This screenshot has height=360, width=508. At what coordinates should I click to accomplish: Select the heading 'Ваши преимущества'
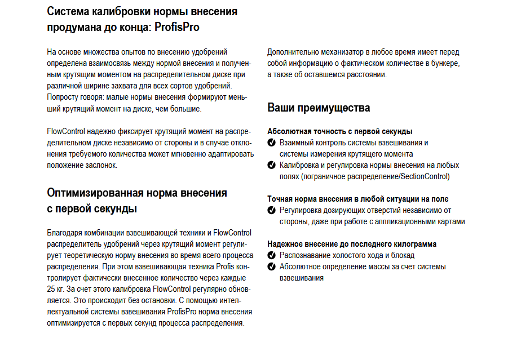point(319,108)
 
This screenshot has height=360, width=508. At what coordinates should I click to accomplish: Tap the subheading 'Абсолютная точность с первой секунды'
point(339,131)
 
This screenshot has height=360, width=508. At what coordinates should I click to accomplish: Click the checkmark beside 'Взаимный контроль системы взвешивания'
point(272,143)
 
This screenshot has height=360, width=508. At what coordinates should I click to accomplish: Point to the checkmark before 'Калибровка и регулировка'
point(272,166)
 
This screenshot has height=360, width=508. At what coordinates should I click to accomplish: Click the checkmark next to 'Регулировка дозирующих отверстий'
point(272,211)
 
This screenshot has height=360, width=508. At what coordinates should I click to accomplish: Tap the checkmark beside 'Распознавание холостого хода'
point(272,256)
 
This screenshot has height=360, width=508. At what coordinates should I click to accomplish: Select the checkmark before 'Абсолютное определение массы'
point(272,266)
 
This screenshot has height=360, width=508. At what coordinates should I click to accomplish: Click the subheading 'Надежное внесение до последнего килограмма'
point(351,244)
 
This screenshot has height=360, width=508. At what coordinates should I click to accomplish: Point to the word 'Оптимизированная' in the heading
point(95,193)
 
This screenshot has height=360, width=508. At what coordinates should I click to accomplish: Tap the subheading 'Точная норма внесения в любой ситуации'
point(357,199)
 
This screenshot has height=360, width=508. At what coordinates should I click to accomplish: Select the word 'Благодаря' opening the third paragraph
point(64,233)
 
